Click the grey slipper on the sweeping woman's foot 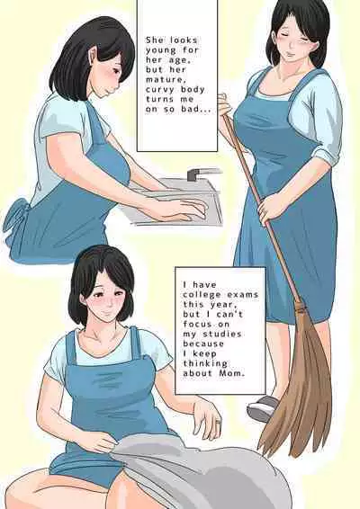click(263, 408)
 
